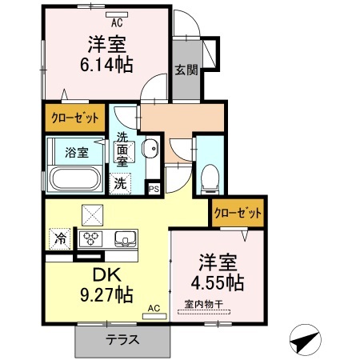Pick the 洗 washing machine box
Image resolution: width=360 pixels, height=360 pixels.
coord(121,182)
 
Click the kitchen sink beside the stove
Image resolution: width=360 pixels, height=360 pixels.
coord(126,238)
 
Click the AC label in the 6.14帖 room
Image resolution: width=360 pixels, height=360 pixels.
coord(116,23)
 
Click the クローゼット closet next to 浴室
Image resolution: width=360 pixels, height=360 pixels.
coord(74,117)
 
